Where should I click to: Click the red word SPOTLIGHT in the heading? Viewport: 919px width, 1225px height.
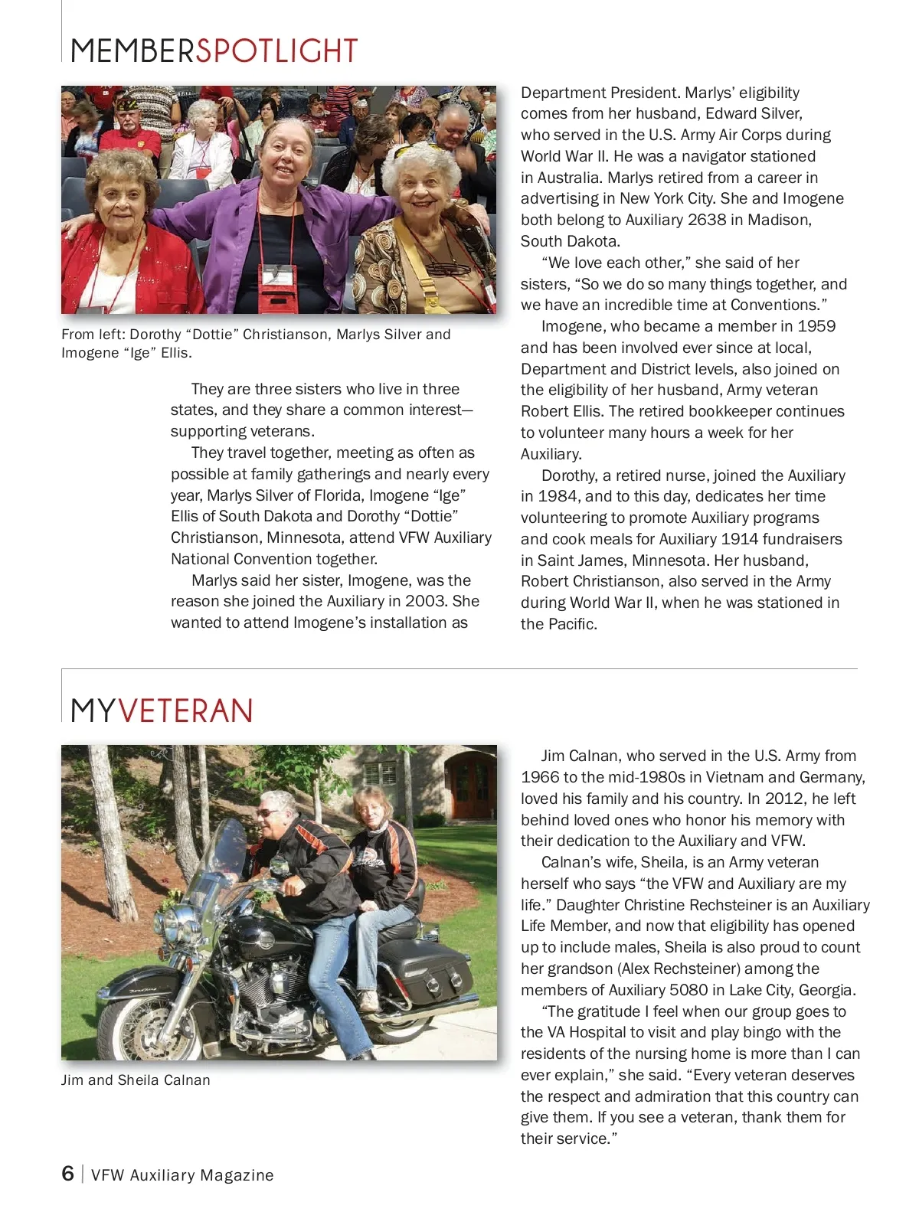(x=276, y=51)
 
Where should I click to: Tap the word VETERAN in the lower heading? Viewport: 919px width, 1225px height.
(x=185, y=711)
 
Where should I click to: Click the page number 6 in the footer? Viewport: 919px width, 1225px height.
(x=67, y=1174)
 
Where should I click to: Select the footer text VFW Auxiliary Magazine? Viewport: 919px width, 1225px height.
(x=182, y=1175)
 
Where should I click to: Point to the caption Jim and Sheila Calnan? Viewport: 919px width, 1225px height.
(x=136, y=1080)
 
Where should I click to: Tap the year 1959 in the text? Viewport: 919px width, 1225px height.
(x=816, y=326)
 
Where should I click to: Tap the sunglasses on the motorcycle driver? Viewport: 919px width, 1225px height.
(x=268, y=812)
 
